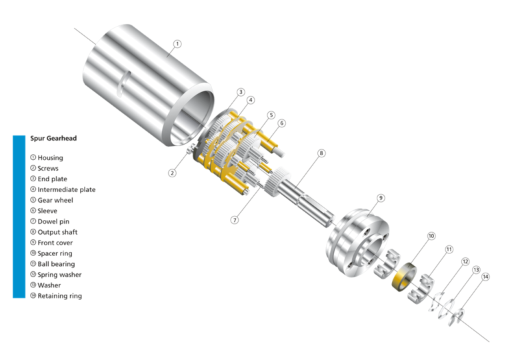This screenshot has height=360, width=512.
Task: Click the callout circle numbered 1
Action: click(177, 44)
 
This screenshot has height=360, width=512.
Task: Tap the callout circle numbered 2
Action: click(172, 173)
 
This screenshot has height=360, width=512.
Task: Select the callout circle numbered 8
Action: click(321, 153)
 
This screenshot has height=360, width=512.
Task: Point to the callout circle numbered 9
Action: click(381, 198)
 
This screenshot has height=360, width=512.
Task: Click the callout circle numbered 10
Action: click(431, 236)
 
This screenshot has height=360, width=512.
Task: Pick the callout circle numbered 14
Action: click(485, 276)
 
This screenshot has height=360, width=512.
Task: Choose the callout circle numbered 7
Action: click(234, 219)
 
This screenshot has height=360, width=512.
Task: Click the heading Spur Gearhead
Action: click(53, 139)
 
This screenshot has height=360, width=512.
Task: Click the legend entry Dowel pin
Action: click(53, 221)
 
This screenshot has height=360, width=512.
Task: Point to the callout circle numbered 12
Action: click(466, 262)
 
